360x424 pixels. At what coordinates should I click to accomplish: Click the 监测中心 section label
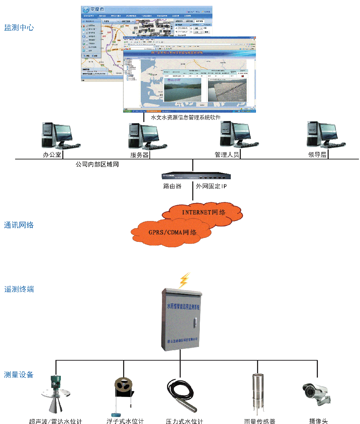pyautogui.click(x=19, y=28)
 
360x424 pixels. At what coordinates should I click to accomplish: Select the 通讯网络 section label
pyautogui.click(x=19, y=225)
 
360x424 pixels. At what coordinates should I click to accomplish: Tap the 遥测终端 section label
pyautogui.click(x=19, y=289)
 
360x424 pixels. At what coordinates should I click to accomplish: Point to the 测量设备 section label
pyautogui.click(x=19, y=375)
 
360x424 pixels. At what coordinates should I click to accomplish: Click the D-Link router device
pyautogui.click(x=196, y=176)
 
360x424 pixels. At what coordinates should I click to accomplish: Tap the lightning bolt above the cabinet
pyautogui.click(x=184, y=280)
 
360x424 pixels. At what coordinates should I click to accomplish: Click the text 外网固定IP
pyautogui.click(x=211, y=186)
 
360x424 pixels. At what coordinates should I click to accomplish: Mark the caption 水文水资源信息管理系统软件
pyautogui.click(x=185, y=117)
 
